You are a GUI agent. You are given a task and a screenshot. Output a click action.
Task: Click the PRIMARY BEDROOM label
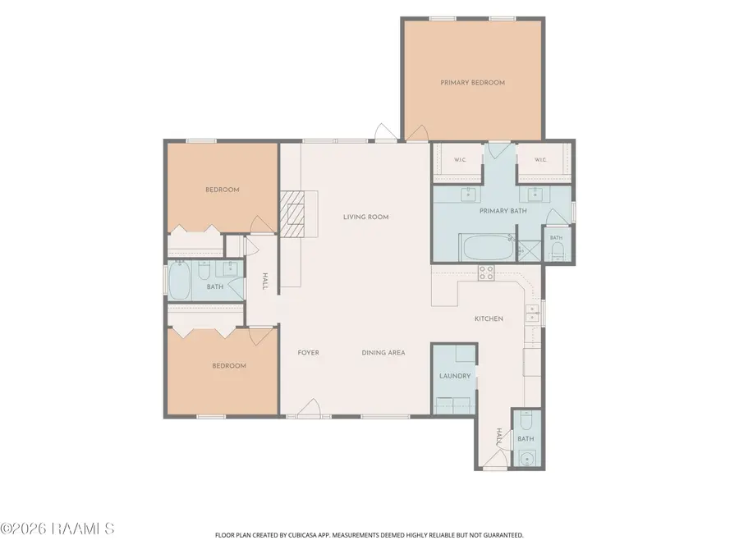pyautogui.click(x=472, y=82)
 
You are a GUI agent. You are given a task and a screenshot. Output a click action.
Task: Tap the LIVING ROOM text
pyautogui.click(x=365, y=217)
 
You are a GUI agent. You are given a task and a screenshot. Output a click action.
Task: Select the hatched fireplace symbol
pyautogui.click(x=293, y=213)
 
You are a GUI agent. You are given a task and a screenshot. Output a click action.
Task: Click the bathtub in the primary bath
pyautogui.click(x=488, y=247)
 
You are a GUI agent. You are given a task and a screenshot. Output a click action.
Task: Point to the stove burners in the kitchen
pyautogui.click(x=486, y=272)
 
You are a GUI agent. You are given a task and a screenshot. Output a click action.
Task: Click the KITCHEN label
pyautogui.click(x=489, y=319)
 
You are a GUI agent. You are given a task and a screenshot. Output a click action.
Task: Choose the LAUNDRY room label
pyautogui.click(x=455, y=376)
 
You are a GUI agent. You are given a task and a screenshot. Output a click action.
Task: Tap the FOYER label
pyautogui.click(x=308, y=352)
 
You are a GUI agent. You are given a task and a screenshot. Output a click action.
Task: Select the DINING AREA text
pyautogui.click(x=383, y=352)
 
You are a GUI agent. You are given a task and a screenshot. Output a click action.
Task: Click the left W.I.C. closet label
pyautogui.click(x=460, y=160)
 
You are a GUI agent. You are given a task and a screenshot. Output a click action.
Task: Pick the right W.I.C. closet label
pyautogui.click(x=540, y=160)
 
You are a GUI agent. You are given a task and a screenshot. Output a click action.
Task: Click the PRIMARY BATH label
pyautogui.click(x=503, y=211)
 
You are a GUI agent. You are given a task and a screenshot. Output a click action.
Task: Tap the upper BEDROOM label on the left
pyautogui.click(x=222, y=190)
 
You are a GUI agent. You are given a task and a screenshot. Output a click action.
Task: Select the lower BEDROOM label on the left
pyautogui.click(x=229, y=365)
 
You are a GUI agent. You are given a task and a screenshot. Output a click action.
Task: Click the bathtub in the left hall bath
pyautogui.click(x=180, y=281)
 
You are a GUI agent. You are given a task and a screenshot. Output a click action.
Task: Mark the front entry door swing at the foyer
pyautogui.click(x=310, y=408)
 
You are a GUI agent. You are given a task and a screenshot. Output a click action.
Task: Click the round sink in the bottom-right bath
pyautogui.click(x=526, y=458)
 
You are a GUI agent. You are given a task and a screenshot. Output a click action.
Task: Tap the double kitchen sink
pyautogui.click(x=533, y=314)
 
